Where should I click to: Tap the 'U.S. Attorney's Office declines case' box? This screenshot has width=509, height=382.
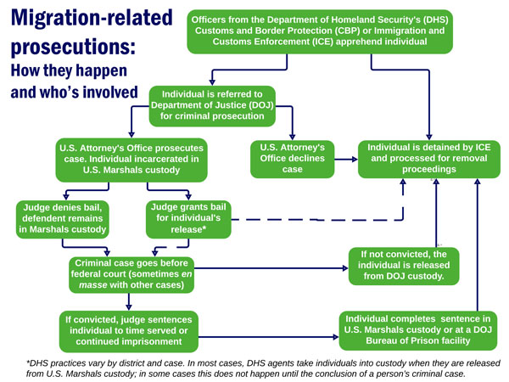point(290,158)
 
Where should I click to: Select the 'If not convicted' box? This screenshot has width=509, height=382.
point(403,266)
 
